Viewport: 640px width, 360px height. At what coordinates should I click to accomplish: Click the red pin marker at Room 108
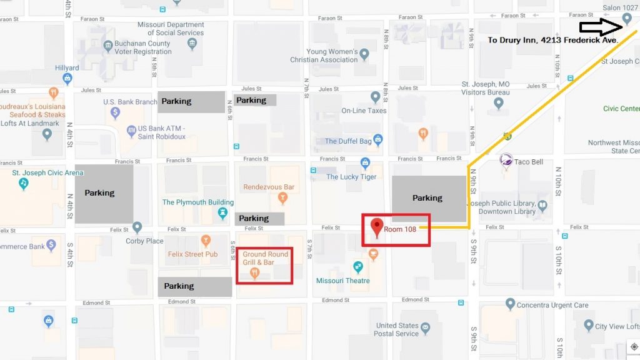(x=377, y=227)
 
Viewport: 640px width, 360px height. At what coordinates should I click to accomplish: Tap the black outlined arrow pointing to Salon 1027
(x=599, y=27)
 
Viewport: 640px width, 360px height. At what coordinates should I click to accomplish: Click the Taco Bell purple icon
(x=506, y=161)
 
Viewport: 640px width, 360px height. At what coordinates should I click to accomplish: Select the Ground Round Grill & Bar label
(x=266, y=258)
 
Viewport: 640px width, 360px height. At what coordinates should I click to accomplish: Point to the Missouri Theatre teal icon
(x=358, y=267)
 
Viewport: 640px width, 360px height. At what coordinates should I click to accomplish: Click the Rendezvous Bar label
(x=268, y=187)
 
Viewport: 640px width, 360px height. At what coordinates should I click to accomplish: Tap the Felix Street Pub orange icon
(x=206, y=239)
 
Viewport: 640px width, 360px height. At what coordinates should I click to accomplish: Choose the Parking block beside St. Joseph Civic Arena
(x=104, y=194)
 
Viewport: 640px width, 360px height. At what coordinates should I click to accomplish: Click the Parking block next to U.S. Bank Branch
(x=191, y=101)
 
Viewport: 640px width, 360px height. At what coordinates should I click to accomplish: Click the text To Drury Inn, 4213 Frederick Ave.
(x=552, y=40)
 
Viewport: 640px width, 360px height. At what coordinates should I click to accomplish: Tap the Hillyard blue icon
(x=67, y=78)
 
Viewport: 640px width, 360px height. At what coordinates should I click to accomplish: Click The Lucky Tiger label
(x=351, y=177)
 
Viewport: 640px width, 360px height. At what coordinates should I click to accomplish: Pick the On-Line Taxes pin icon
(x=375, y=97)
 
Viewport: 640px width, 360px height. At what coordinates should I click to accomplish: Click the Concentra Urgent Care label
(x=552, y=306)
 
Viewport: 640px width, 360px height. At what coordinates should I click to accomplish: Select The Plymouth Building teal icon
(x=222, y=214)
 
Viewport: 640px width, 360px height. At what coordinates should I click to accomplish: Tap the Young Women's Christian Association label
(x=324, y=56)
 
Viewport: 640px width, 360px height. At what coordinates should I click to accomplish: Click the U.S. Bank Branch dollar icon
(x=115, y=113)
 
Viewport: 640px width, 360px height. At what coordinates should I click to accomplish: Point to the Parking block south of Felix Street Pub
(x=194, y=286)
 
